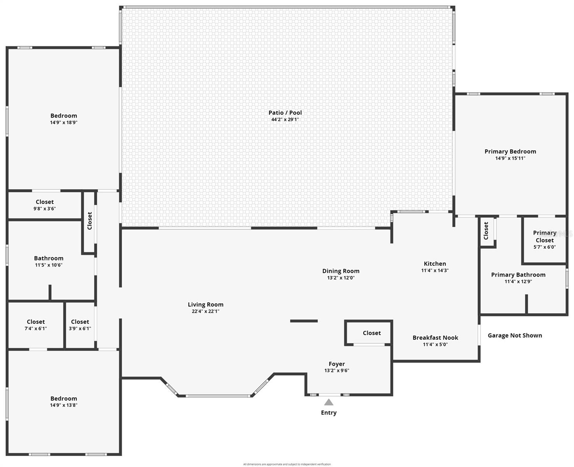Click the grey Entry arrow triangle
pyautogui.click(x=329, y=402)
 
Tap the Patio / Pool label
pyautogui.click(x=285, y=113)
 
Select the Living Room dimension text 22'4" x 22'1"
pyautogui.click(x=205, y=311)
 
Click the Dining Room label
pyautogui.click(x=341, y=271)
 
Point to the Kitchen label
pyautogui.click(x=435, y=264)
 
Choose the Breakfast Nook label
pyautogui.click(x=435, y=338)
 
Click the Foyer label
pyautogui.click(x=336, y=364)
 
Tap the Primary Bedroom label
pyautogui.click(x=510, y=152)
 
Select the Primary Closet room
pyautogui.click(x=544, y=239)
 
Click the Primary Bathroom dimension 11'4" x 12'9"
pyautogui.click(x=518, y=281)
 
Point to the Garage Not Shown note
pyautogui.click(x=514, y=335)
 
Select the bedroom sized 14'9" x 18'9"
pyautogui.click(x=64, y=119)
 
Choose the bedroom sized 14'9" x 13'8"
pyautogui.click(x=64, y=402)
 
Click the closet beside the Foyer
pyautogui.click(x=371, y=333)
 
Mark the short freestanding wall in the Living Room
pyautogui.click(x=304, y=321)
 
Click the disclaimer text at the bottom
pyautogui.click(x=287, y=464)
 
